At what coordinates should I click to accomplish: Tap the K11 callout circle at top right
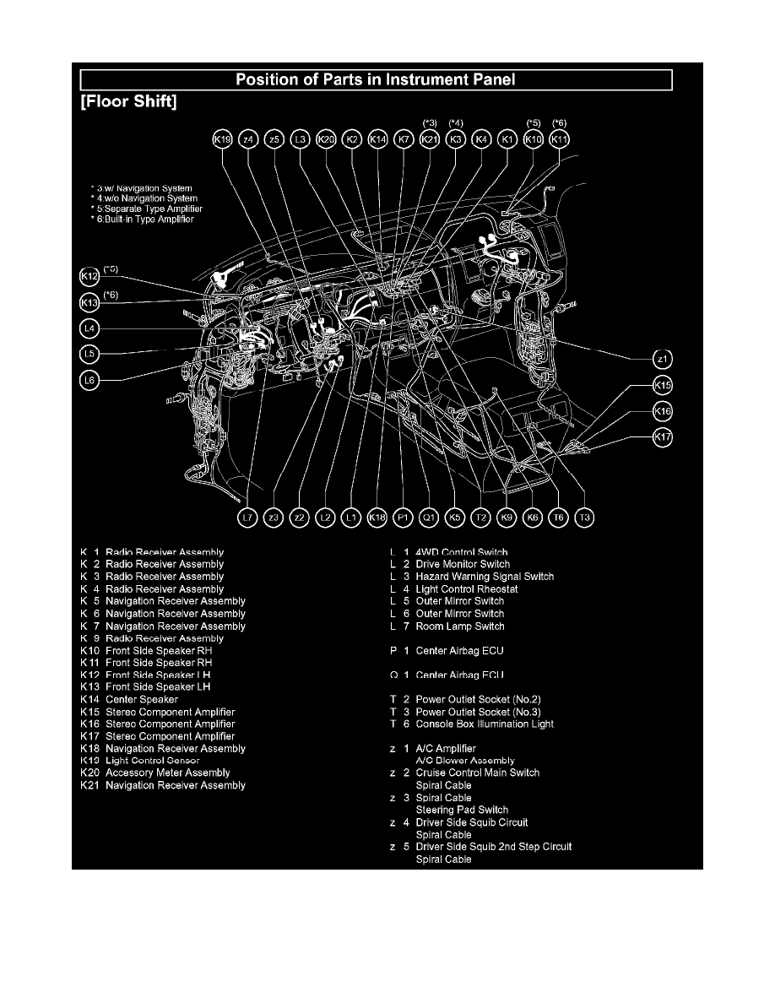click(559, 139)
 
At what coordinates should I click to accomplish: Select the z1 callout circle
click(664, 359)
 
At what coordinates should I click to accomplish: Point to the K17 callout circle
click(664, 437)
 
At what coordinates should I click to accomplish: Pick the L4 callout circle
click(89, 328)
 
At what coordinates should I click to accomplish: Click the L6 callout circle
click(89, 381)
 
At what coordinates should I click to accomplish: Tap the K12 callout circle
click(89, 275)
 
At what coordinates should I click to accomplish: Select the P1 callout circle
click(403, 518)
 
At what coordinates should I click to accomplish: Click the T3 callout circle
click(584, 518)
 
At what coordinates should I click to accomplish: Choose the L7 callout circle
click(247, 518)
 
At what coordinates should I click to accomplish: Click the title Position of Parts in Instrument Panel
click(376, 80)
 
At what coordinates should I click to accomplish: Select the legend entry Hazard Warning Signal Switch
click(485, 577)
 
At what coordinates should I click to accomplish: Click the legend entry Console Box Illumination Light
click(485, 724)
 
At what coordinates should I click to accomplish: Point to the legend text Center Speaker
click(141, 699)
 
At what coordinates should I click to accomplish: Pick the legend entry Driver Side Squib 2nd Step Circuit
click(494, 847)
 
